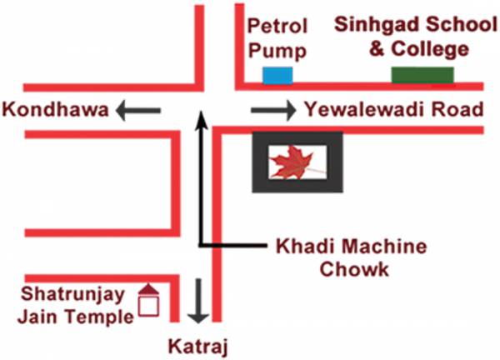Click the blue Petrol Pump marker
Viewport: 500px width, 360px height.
point(278,75)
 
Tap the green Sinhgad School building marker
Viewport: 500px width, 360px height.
point(422,75)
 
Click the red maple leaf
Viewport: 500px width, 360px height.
point(296,162)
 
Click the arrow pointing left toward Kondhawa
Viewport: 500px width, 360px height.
point(137,109)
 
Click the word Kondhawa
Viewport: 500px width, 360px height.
point(56,109)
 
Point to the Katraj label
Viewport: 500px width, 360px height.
point(197,344)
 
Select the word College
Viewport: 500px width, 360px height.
point(429,50)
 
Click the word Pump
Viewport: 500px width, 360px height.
point(278,50)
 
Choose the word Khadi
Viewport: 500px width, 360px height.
point(299,247)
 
